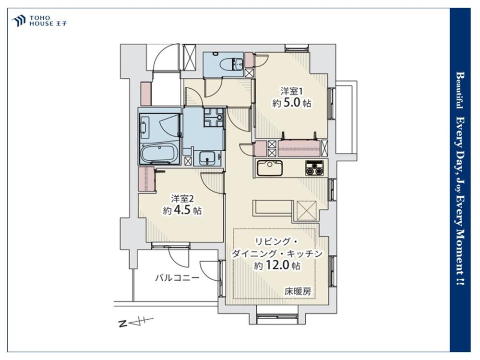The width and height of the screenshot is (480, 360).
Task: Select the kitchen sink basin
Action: coord(269,168)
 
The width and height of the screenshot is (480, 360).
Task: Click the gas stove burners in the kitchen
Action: coord(314,168)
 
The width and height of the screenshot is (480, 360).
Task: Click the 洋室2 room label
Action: coord(182,199)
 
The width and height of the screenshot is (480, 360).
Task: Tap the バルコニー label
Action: coord(177,278)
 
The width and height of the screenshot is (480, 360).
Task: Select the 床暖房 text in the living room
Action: coord(298,292)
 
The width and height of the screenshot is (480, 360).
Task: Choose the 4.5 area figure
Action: coord(182,211)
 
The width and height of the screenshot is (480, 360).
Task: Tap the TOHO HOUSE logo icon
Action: coord(18,21)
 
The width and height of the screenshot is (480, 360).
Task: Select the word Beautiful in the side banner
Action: coord(459,90)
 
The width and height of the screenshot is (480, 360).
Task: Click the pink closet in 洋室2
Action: coord(146,179)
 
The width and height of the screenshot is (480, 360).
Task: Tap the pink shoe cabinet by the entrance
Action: coord(146,94)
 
